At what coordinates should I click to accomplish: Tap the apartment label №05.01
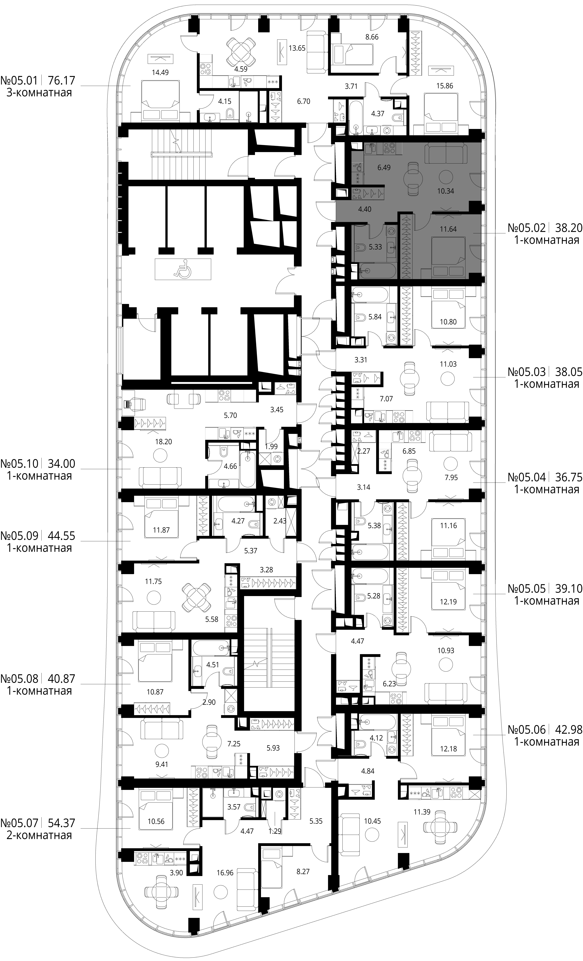click(x=20, y=81)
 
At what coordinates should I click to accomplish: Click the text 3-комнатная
click(x=39, y=93)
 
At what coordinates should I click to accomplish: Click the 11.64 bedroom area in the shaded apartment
click(x=448, y=229)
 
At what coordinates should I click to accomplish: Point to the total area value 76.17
click(x=61, y=81)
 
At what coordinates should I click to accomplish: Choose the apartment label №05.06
click(x=527, y=729)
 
